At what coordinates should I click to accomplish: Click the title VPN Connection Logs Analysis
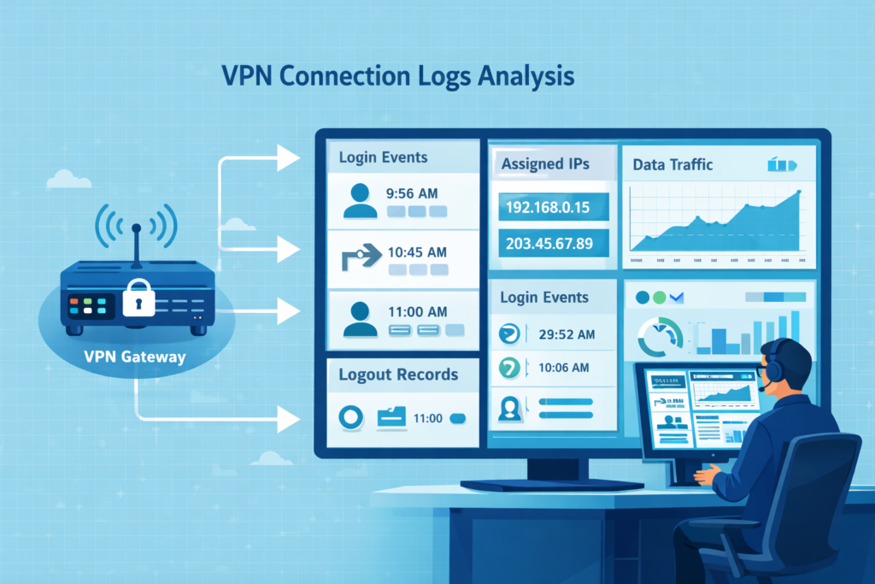click(x=397, y=76)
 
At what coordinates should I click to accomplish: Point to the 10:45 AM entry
click(x=417, y=252)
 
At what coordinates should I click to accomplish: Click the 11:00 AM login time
click(x=417, y=312)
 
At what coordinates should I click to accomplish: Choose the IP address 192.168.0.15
click(x=549, y=207)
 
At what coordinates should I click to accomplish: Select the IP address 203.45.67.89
click(x=549, y=243)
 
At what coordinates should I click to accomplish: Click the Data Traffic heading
click(x=672, y=164)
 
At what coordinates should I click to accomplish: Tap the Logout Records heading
click(x=398, y=375)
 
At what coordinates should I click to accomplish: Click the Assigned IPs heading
click(x=544, y=163)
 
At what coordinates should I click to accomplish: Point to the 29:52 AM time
click(x=567, y=334)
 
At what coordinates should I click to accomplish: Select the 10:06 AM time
click(x=564, y=368)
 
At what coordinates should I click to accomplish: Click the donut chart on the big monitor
click(x=659, y=338)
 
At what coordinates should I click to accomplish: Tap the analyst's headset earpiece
click(x=772, y=373)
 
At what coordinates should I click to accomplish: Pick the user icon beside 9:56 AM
click(x=359, y=200)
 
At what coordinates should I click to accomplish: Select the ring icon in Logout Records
click(x=351, y=417)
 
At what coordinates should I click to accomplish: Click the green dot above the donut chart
click(x=658, y=298)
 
